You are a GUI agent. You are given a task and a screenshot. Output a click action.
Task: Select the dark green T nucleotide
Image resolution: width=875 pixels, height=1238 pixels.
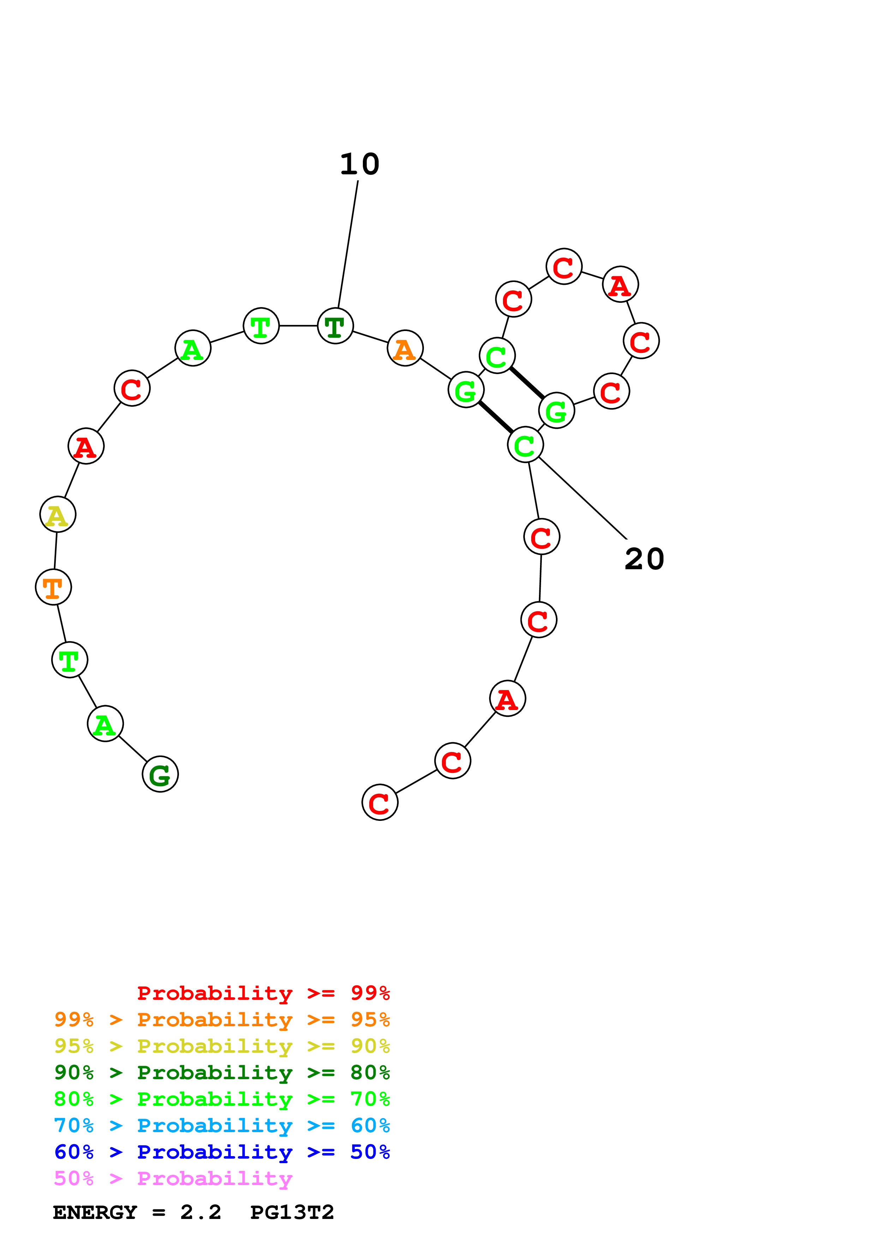tap(335, 326)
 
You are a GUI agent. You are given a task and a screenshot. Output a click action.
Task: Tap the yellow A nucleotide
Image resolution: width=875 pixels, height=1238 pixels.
tap(58, 515)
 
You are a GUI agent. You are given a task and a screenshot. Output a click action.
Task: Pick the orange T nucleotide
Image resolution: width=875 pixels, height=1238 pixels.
tap(53, 587)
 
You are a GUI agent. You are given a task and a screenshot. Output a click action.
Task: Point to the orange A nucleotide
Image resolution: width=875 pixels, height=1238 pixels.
tap(405, 348)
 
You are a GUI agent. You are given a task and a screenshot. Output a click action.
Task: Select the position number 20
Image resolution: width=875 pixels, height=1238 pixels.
tap(644, 559)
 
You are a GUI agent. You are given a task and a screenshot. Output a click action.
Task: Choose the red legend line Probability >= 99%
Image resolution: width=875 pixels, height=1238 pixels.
tap(263, 993)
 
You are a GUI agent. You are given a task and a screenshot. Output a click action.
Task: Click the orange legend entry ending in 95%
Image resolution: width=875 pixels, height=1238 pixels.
tap(222, 1020)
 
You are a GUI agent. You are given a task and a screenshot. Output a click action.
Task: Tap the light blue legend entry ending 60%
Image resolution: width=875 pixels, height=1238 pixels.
tap(222, 1125)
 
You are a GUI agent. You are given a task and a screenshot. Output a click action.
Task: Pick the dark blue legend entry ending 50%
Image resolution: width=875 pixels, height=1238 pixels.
tap(222, 1152)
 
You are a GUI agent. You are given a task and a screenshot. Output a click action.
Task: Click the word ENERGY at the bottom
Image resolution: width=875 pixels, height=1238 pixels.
tap(95, 1212)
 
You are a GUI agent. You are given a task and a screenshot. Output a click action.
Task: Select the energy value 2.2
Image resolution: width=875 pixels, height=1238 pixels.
tap(200, 1212)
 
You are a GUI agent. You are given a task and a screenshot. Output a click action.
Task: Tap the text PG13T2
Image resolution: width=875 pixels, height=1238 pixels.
tap(292, 1212)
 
